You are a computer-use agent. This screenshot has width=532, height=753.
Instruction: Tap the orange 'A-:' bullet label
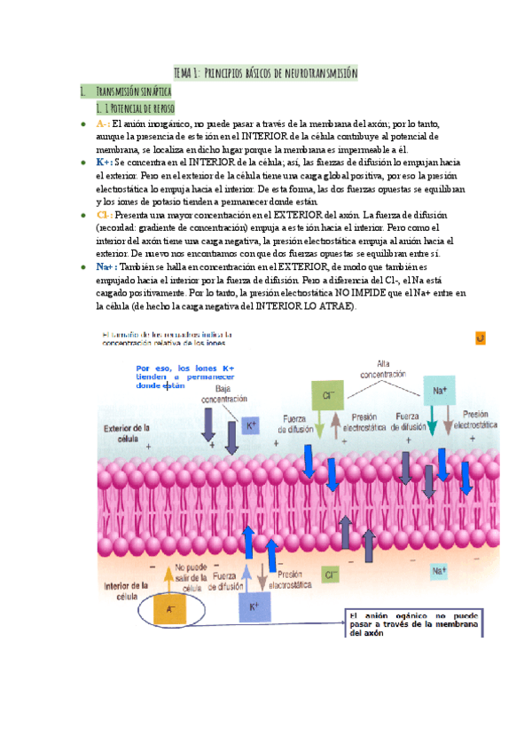(x=103, y=124)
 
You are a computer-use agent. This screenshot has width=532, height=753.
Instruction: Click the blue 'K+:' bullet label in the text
(x=105, y=163)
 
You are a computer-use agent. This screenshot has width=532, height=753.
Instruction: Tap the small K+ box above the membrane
(x=251, y=425)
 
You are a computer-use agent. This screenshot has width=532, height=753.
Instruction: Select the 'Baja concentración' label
(x=217, y=393)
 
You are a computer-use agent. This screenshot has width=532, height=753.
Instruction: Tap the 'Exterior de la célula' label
(x=127, y=433)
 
